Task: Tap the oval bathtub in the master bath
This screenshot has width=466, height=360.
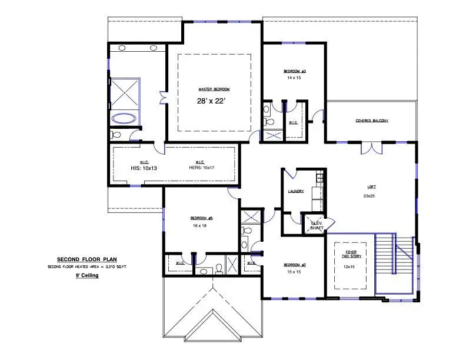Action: coord(124,118)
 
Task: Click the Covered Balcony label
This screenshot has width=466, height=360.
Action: coord(371,121)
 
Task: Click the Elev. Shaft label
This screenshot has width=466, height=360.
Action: coord(317,225)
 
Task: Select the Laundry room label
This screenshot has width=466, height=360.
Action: coord(295,191)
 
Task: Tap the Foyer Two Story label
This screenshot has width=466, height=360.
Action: coord(351,254)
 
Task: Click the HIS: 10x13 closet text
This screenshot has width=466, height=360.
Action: coord(144,168)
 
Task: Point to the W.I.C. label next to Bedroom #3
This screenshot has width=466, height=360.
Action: coord(293,122)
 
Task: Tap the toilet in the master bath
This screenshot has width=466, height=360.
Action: coord(116,135)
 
